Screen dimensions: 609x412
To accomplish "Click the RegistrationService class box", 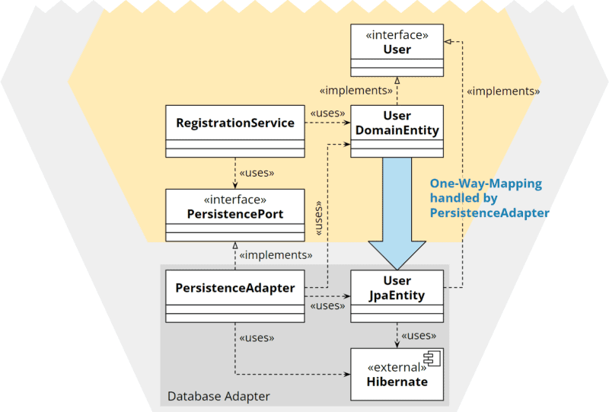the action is click(235, 131).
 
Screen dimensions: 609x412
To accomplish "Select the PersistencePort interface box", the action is click(235, 216).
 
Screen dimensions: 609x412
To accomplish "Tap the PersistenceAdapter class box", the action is click(235, 296).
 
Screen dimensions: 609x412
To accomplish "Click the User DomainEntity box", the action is click(397, 131).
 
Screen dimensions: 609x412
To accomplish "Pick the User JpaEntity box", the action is click(397, 296).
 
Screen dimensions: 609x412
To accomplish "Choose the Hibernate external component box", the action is click(397, 374).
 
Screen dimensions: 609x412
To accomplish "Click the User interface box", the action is click(397, 50).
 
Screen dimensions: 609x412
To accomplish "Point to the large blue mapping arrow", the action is click(397, 214).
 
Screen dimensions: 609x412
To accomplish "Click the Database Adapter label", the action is click(218, 396).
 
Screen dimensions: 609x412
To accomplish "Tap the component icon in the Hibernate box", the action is click(432, 358).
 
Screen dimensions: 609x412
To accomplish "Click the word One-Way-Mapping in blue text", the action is click(486, 184).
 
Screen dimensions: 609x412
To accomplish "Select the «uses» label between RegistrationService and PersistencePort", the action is click(257, 173).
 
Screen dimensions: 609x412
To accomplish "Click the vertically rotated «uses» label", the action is click(318, 218).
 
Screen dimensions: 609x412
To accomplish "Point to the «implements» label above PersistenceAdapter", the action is click(276, 255).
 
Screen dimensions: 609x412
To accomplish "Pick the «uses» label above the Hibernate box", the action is click(419, 335).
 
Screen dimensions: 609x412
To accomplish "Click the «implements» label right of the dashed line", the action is click(503, 91).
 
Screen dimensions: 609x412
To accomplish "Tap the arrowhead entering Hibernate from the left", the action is click(347, 374).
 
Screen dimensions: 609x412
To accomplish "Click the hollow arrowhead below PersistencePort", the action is click(235, 245).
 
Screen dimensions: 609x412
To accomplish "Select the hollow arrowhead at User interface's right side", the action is click(448, 42).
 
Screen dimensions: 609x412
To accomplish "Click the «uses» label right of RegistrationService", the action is click(327, 113).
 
